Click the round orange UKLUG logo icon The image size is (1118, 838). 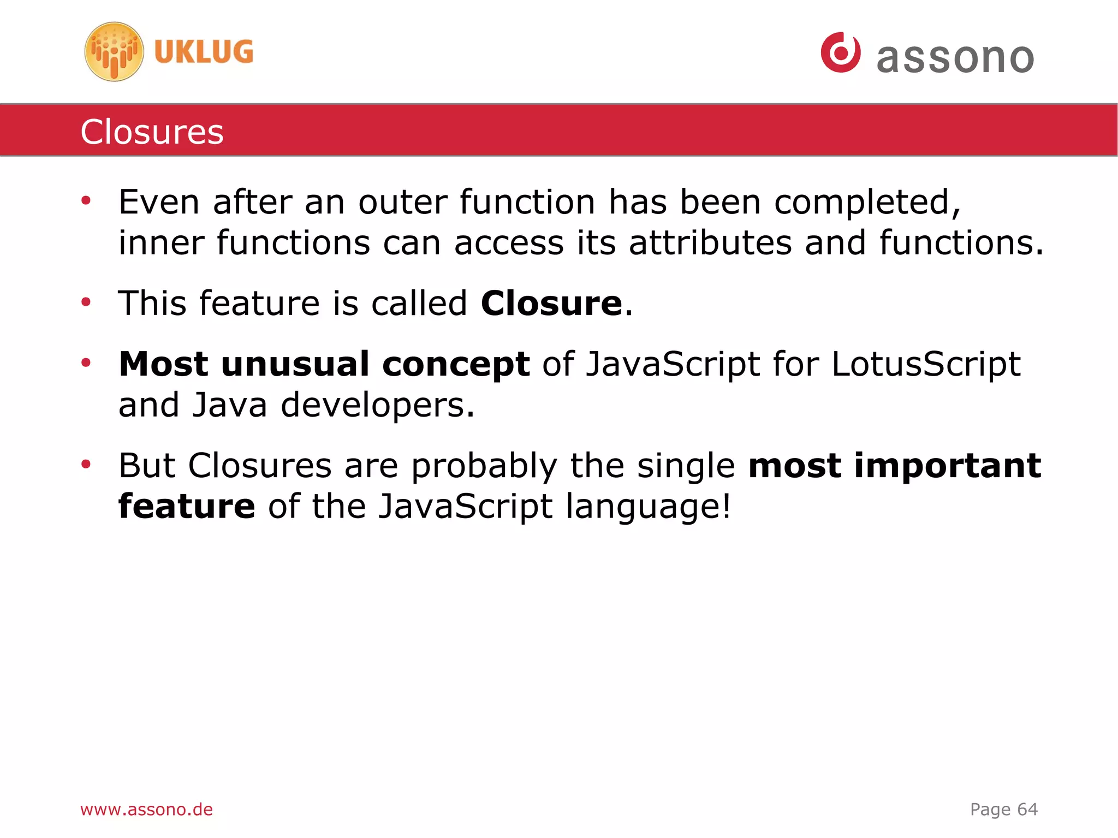114,52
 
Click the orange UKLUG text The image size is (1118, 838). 204,52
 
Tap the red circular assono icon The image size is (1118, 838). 840,52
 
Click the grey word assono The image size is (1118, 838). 955,58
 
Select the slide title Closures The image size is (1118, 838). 152,132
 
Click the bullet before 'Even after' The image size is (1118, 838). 86,201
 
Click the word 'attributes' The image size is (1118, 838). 710,243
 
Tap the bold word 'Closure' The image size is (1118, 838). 551,304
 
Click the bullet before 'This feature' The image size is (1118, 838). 86,302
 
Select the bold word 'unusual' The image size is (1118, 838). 295,364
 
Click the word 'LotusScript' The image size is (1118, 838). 926,364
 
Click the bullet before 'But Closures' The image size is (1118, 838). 86,465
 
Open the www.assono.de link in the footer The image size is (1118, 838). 146,809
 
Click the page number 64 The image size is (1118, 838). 1027,809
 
